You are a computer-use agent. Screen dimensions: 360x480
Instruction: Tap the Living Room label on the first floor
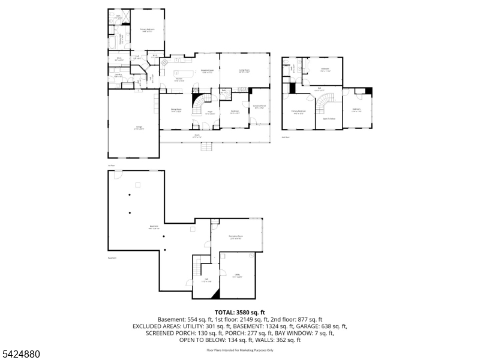pos(244,71)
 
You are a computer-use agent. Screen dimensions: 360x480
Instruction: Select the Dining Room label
pos(176,110)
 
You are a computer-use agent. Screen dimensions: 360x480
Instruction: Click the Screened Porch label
pos(259,107)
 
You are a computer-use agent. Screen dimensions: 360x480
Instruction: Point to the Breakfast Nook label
pos(206,71)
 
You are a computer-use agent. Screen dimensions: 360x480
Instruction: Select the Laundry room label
pos(118,76)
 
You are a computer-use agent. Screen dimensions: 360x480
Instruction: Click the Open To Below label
pos(329,119)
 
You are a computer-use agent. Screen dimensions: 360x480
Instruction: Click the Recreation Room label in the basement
pos(236,237)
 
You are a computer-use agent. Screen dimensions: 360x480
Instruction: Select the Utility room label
pos(238,276)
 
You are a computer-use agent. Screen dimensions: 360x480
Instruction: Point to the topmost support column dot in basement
pos(129,196)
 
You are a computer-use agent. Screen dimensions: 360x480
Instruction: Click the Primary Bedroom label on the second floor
pos(298,112)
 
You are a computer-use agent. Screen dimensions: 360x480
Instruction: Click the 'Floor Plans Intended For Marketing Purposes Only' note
pos(240,350)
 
